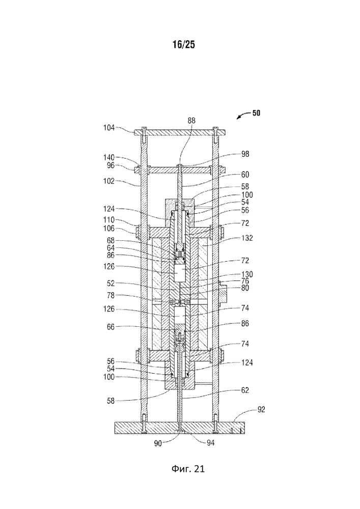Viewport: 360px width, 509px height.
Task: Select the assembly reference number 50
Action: [256, 113]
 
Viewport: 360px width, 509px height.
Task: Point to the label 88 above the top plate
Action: [191, 121]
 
